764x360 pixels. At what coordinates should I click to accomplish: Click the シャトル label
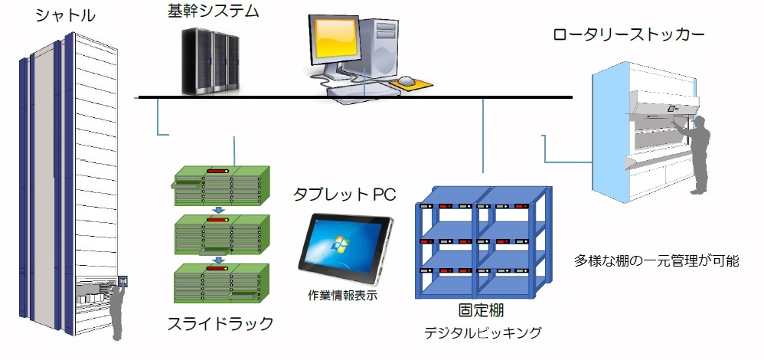[66, 15]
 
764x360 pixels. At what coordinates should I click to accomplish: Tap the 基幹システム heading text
[214, 11]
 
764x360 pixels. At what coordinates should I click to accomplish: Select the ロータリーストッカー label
[628, 34]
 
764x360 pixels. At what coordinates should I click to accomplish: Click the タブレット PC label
[344, 194]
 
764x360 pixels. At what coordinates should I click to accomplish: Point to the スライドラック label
[220, 323]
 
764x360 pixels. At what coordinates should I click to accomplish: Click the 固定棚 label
[481, 311]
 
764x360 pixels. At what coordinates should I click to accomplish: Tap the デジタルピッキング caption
[483, 332]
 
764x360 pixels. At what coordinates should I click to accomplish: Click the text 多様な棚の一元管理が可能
[656, 260]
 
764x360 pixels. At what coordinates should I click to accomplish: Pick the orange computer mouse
[406, 80]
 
